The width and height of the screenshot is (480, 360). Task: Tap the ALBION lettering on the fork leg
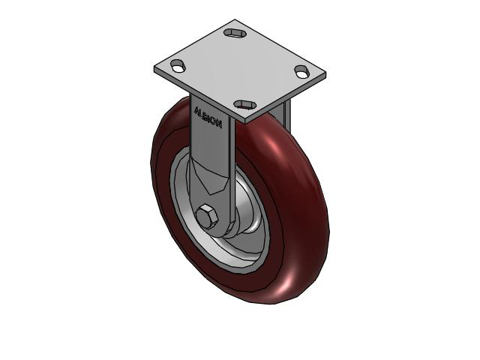click(208, 118)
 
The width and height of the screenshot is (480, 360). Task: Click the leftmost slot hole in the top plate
click(178, 66)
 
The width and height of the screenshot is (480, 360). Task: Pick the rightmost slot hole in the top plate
click(301, 72)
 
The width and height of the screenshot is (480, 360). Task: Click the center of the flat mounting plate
click(240, 69)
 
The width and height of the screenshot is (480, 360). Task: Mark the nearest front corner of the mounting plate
click(247, 118)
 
